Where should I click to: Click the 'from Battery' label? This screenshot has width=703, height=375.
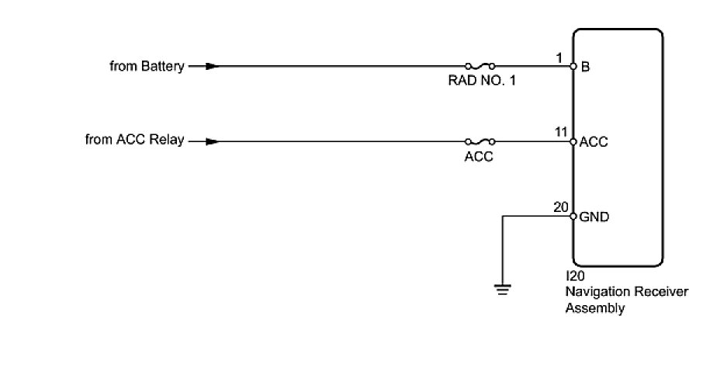point(147,67)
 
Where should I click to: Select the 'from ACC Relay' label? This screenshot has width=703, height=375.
point(134,141)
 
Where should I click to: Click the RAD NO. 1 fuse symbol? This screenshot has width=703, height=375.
point(480,67)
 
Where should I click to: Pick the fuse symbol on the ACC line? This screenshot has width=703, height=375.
point(480,142)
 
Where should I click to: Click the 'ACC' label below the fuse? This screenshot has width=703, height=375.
point(480,156)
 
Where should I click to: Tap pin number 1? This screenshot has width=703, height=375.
point(559,57)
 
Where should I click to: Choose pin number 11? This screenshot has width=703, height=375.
point(560,133)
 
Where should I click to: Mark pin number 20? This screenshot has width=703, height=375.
point(560,207)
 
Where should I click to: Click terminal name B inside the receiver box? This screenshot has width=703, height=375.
point(585,68)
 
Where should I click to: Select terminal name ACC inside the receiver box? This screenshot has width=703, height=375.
point(594,143)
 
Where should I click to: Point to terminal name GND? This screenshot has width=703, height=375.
point(594,217)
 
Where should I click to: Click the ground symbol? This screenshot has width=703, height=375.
point(503,289)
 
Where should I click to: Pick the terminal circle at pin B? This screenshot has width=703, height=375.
point(573,67)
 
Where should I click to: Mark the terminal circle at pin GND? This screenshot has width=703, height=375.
point(573,217)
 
